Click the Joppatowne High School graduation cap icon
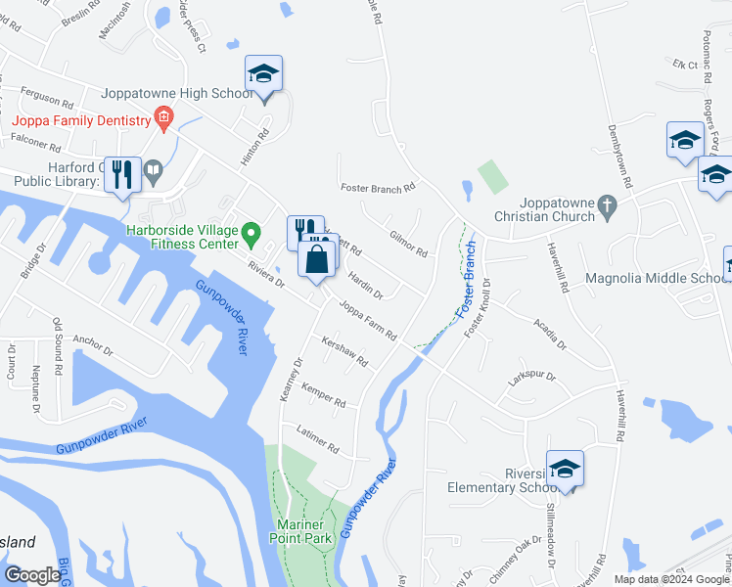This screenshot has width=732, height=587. (262, 74)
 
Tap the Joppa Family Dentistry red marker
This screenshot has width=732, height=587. (164, 120)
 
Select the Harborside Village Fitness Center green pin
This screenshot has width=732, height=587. (251, 233)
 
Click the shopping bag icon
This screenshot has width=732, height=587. (316, 260)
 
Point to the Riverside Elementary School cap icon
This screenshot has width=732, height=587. (565, 470)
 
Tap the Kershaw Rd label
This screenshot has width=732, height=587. (344, 351)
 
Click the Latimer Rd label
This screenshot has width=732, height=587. (318, 443)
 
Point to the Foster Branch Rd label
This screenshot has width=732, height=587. (378, 187)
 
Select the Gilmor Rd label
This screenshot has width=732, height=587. (409, 244)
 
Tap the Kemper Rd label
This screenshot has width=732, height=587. (324, 396)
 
